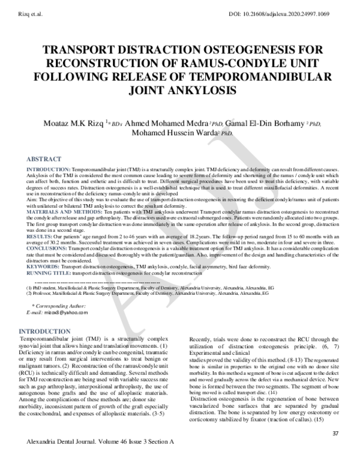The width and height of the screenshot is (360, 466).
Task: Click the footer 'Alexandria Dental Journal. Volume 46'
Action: pos(72,457)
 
